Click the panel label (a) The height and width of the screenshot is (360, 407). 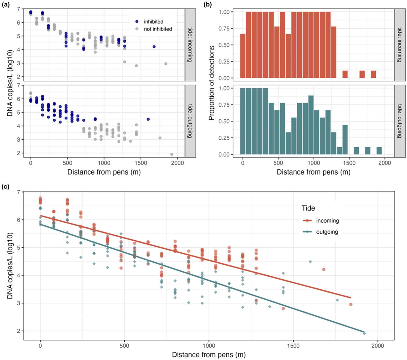[x=5, y=5]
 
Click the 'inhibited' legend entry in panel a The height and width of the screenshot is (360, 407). [x=153, y=22]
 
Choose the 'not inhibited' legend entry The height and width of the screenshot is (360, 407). [x=158, y=29]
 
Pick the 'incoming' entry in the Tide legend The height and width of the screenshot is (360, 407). [x=327, y=221]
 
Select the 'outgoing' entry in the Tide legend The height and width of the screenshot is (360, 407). [x=327, y=232]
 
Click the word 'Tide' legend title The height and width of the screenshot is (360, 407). [x=308, y=208]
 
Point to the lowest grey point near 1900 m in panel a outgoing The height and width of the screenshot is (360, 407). [x=172, y=154]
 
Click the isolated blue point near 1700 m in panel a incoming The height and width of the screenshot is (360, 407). [x=154, y=47]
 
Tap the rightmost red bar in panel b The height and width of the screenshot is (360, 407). [x=373, y=74]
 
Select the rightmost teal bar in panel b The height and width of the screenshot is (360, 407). [x=379, y=151]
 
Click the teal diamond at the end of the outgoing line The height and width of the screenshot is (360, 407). [x=364, y=333]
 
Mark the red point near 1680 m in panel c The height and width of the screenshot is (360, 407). [x=324, y=269]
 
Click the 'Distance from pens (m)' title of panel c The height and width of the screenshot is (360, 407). [x=209, y=354]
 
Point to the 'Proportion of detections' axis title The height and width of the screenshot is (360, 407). [x=212, y=83]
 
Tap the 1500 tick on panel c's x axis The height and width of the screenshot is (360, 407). [x=293, y=346]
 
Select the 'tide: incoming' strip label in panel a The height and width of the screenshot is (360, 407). [x=190, y=45]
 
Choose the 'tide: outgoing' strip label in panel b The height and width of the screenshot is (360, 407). [x=400, y=121]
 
